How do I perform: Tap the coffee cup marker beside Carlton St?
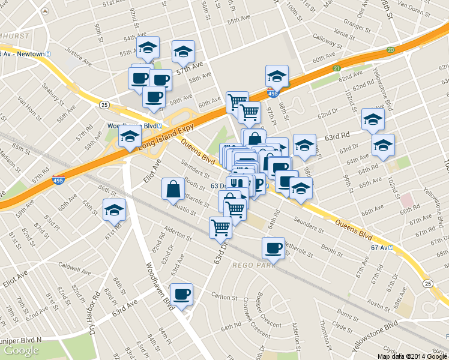click(181, 294)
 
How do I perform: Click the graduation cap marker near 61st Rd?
click(113, 211)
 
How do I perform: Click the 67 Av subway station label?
click(382, 247)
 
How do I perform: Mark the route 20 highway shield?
click(390, 50)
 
